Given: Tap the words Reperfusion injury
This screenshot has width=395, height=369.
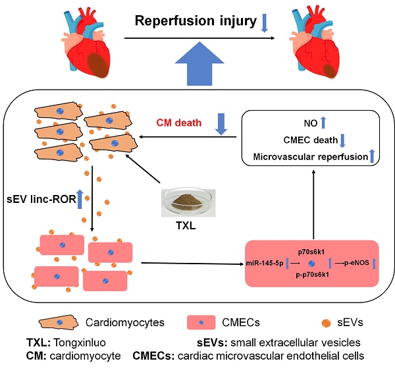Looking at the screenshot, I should pyautogui.click(x=195, y=22).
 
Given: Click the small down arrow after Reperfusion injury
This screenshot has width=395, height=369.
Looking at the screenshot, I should pyautogui.click(x=265, y=24).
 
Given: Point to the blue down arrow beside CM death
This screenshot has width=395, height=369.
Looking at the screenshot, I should pyautogui.click(x=221, y=123).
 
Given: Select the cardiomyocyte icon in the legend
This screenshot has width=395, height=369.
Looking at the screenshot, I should pyautogui.click(x=58, y=323).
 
